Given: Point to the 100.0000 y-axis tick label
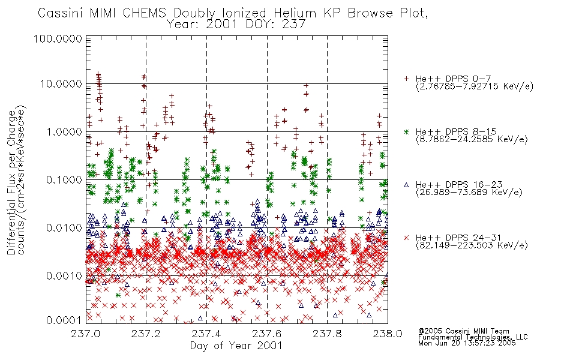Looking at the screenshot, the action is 58,38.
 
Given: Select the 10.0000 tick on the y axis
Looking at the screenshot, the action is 61,84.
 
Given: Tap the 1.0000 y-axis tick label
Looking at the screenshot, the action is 64,131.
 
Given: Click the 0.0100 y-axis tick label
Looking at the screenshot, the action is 64,228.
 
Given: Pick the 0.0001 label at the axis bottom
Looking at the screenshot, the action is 64,320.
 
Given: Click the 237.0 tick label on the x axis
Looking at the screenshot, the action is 86,334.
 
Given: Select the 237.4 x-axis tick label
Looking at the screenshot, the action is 206,334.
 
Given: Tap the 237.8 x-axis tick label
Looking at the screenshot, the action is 327,334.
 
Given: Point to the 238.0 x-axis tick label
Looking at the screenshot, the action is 388,334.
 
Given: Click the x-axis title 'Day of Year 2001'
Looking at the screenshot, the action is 236,346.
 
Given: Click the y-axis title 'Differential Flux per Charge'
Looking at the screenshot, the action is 11,182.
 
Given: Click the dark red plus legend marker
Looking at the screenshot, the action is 406,79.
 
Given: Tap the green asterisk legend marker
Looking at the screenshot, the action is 406,131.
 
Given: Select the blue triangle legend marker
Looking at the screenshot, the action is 406,185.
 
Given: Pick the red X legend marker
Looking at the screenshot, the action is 406,238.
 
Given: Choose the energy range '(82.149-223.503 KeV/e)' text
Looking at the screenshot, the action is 472,245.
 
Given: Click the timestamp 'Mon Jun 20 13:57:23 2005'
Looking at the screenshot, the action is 467,343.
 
